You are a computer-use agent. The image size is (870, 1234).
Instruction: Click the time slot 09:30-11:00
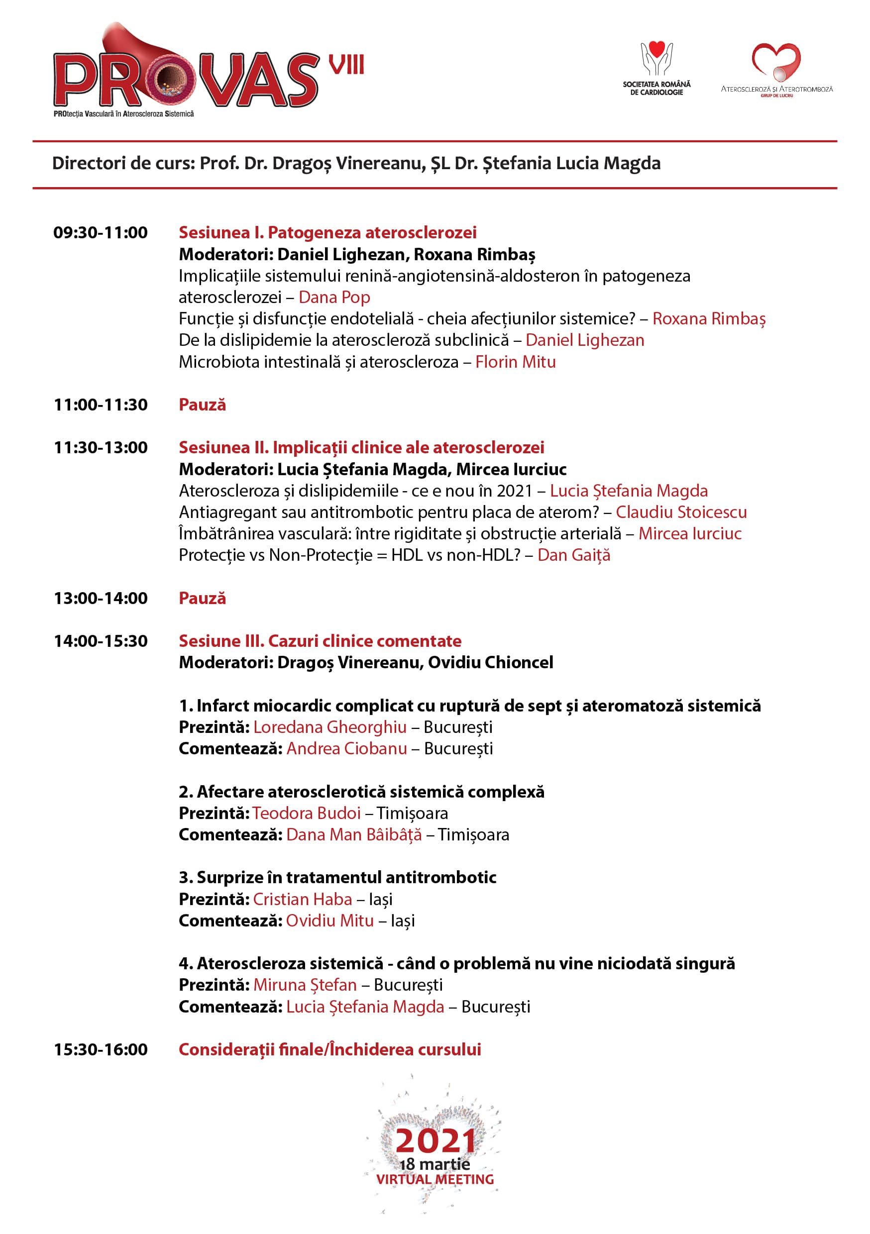point(101,233)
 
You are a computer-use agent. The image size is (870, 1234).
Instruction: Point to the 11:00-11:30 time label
point(101,405)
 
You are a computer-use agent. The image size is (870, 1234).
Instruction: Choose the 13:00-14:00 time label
point(101,598)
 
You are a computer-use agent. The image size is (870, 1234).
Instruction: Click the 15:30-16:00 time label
point(101,1050)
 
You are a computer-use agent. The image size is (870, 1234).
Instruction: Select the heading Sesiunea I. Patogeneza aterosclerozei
point(327,233)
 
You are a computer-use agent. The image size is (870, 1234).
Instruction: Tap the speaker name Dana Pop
point(334,297)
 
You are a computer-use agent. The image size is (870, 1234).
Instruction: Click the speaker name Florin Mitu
point(515,362)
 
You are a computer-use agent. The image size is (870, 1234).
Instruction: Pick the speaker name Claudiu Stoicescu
point(681,512)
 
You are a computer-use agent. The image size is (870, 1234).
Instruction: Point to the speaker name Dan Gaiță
point(574,555)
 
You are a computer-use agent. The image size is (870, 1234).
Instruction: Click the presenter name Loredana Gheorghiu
point(329,727)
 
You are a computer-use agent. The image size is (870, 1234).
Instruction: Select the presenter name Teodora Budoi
point(307,813)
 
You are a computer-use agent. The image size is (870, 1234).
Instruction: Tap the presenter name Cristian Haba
point(302,899)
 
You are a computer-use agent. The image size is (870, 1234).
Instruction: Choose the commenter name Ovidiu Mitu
point(329,921)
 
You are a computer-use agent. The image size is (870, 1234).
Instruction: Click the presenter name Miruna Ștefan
point(305,985)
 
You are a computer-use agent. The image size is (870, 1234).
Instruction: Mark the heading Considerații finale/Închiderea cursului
point(329,1050)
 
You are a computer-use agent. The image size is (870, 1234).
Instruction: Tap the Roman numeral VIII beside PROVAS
point(346,65)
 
